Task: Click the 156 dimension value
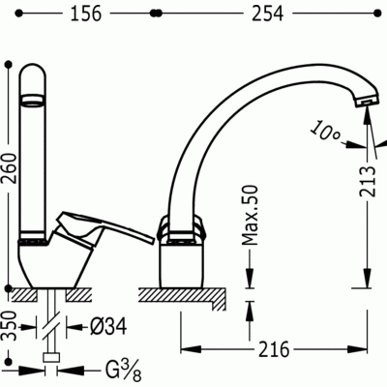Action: (86, 14)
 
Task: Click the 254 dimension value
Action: (267, 14)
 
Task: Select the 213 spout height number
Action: (368, 181)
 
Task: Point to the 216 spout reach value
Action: (274, 349)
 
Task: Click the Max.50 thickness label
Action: (251, 215)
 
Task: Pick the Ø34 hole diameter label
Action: (108, 327)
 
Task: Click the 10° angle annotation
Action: (326, 132)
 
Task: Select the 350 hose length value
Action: (12, 326)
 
